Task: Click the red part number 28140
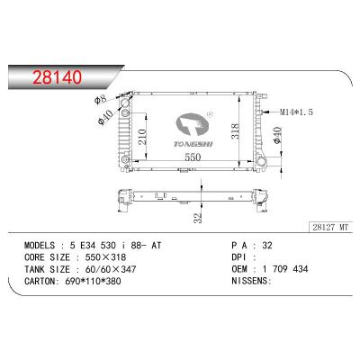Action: [x=57, y=77]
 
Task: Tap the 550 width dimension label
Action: [x=193, y=157]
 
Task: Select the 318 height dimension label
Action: [x=235, y=131]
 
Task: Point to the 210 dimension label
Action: [x=142, y=137]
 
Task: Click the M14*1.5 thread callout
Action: [x=296, y=112]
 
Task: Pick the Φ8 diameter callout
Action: [x=100, y=99]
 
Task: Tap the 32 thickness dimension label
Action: [x=197, y=218]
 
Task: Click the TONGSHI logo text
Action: [x=193, y=144]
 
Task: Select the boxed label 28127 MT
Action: [x=330, y=227]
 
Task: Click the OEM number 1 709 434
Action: [x=285, y=269]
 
